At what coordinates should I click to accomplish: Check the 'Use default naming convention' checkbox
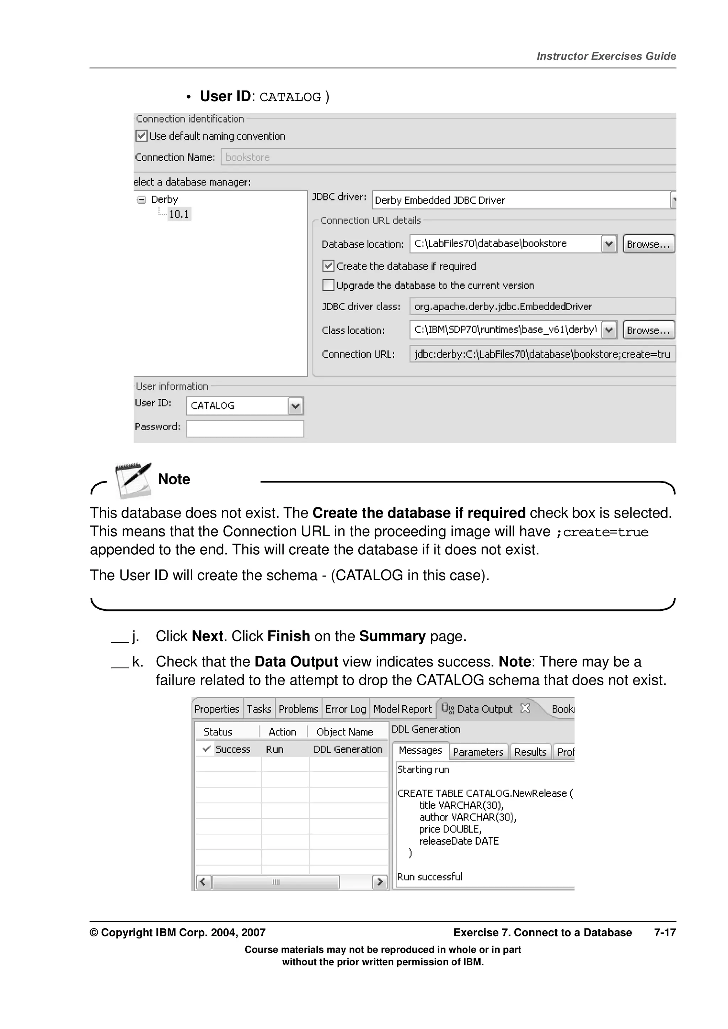click(141, 136)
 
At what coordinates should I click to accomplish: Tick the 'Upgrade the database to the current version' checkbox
click(328, 285)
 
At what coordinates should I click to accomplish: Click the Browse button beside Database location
click(649, 244)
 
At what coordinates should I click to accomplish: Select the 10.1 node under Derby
click(179, 214)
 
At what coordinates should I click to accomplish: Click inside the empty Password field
click(245, 429)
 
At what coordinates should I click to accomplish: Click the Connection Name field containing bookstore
click(448, 157)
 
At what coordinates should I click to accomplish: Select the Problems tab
click(298, 709)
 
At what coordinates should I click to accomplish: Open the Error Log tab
click(346, 709)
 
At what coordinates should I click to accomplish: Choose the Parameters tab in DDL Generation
click(478, 752)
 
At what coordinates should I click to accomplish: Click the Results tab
click(530, 752)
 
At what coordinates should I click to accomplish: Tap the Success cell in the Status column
click(232, 749)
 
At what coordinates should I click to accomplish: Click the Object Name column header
click(344, 732)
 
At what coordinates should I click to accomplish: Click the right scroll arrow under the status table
click(380, 882)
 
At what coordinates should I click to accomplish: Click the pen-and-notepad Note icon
click(133, 480)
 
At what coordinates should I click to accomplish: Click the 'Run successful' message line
click(429, 877)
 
